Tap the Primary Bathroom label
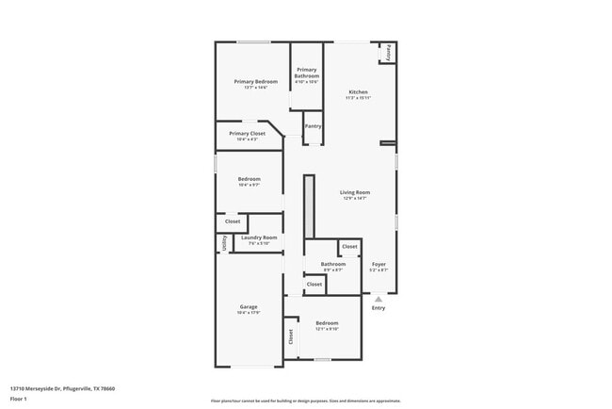(x=307, y=73)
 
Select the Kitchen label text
(x=358, y=92)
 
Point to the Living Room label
(x=354, y=192)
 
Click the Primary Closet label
(x=247, y=134)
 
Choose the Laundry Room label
(x=259, y=237)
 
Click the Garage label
(x=249, y=306)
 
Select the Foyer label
(x=378, y=264)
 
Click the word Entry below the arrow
(x=378, y=308)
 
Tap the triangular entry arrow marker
(x=378, y=299)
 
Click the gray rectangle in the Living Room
(x=308, y=206)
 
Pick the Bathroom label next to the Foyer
(x=332, y=264)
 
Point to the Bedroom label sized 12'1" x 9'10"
(x=327, y=323)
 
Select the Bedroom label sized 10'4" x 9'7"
(x=249, y=179)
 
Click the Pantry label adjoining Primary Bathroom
(x=314, y=125)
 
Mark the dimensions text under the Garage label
(x=249, y=313)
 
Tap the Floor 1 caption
(x=19, y=399)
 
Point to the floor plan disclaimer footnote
(x=305, y=401)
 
